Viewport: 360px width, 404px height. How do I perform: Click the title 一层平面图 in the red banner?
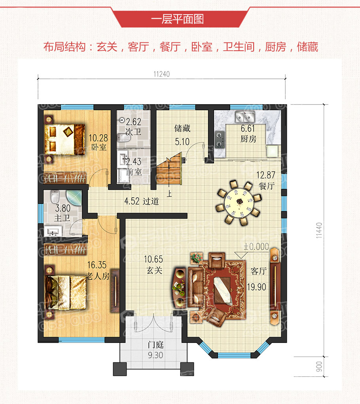tap(177, 19)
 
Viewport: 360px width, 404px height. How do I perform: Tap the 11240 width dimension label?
tap(161, 74)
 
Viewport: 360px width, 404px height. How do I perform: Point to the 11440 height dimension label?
tap(319, 230)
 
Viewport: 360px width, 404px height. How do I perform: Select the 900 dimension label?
tap(319, 366)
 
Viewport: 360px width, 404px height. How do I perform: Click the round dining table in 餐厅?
tap(239, 203)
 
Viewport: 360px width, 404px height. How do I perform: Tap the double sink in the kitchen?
tap(245, 117)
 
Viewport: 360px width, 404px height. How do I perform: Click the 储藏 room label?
tap(182, 128)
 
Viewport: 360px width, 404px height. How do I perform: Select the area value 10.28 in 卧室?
tap(98, 138)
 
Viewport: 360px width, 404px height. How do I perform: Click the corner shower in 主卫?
tap(74, 198)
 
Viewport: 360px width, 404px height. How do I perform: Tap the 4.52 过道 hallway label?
tap(142, 201)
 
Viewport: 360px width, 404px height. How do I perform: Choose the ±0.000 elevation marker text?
tap(256, 247)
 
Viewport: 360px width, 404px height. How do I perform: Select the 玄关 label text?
tap(154, 271)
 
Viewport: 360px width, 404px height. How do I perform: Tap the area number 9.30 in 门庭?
tap(155, 355)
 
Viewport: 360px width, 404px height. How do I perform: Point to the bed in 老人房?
tap(65, 292)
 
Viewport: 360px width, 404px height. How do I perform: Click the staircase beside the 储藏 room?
tap(169, 169)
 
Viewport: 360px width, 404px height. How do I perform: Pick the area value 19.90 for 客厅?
tap(257, 287)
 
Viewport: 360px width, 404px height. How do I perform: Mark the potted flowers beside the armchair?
tap(196, 258)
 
